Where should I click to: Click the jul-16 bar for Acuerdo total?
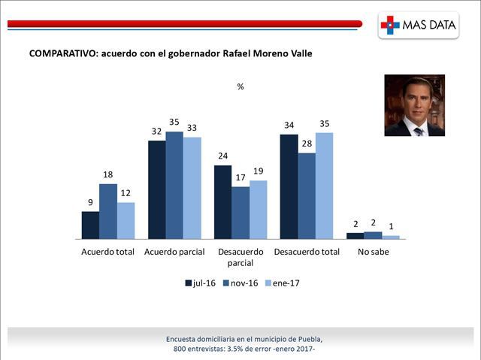tap(90, 225)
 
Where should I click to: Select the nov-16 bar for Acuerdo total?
tap(108, 211)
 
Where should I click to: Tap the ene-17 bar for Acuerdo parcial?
tap(192, 188)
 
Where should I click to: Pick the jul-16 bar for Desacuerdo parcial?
tap(222, 201)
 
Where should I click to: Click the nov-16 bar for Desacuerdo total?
tap(307, 195)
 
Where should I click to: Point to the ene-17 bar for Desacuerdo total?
tap(324, 186)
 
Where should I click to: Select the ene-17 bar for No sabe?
tap(391, 237)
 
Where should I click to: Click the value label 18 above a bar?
tap(108, 175)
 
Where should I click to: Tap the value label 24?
tap(222, 156)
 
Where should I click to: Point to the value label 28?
tap(307, 144)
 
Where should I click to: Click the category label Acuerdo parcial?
tap(174, 252)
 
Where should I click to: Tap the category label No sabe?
tap(374, 252)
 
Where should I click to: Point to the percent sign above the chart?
tap(240, 86)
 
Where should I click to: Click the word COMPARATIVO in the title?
tap(61, 54)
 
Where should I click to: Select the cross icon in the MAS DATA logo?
tap(390, 25)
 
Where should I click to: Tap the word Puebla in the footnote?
tap(308, 339)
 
